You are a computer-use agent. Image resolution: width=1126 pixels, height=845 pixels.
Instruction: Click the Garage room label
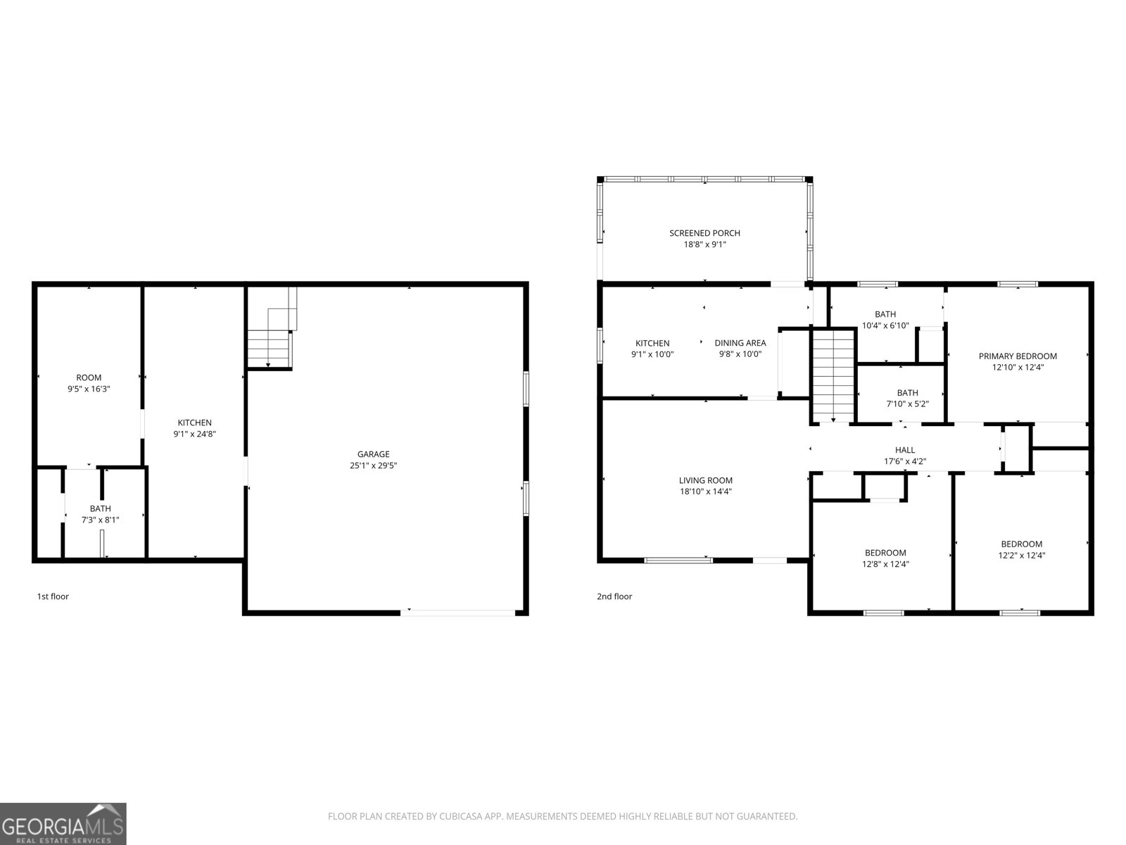(x=373, y=454)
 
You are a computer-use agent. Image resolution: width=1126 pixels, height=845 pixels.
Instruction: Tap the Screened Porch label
(x=704, y=233)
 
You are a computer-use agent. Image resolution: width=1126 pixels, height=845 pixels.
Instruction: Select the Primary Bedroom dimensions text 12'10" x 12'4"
(x=1018, y=367)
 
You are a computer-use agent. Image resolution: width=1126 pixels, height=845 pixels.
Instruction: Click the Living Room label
(x=705, y=481)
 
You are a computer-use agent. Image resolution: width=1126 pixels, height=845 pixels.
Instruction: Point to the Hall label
(x=905, y=450)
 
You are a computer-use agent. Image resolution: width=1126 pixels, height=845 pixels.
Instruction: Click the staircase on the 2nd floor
(x=833, y=375)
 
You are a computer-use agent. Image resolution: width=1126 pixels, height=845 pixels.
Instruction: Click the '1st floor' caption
(x=53, y=596)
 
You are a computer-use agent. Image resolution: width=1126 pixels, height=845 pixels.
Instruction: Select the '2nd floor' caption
(x=614, y=596)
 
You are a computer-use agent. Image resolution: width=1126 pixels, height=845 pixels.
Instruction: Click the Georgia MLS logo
(x=63, y=823)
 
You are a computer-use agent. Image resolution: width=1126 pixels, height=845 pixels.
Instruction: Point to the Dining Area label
(x=740, y=343)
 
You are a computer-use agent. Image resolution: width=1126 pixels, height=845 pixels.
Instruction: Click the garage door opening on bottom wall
(x=458, y=613)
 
